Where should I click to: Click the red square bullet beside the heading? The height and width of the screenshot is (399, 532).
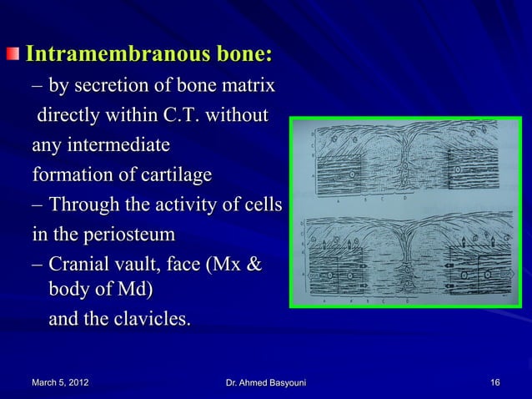point(15,56)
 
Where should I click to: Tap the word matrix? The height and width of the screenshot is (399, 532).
point(248,86)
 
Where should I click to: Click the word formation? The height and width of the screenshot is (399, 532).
point(68,177)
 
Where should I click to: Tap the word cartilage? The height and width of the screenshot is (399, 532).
point(172,177)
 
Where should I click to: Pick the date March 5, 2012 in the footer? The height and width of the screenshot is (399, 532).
point(57,382)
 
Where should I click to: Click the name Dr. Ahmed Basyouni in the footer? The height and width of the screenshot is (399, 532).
point(266,382)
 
